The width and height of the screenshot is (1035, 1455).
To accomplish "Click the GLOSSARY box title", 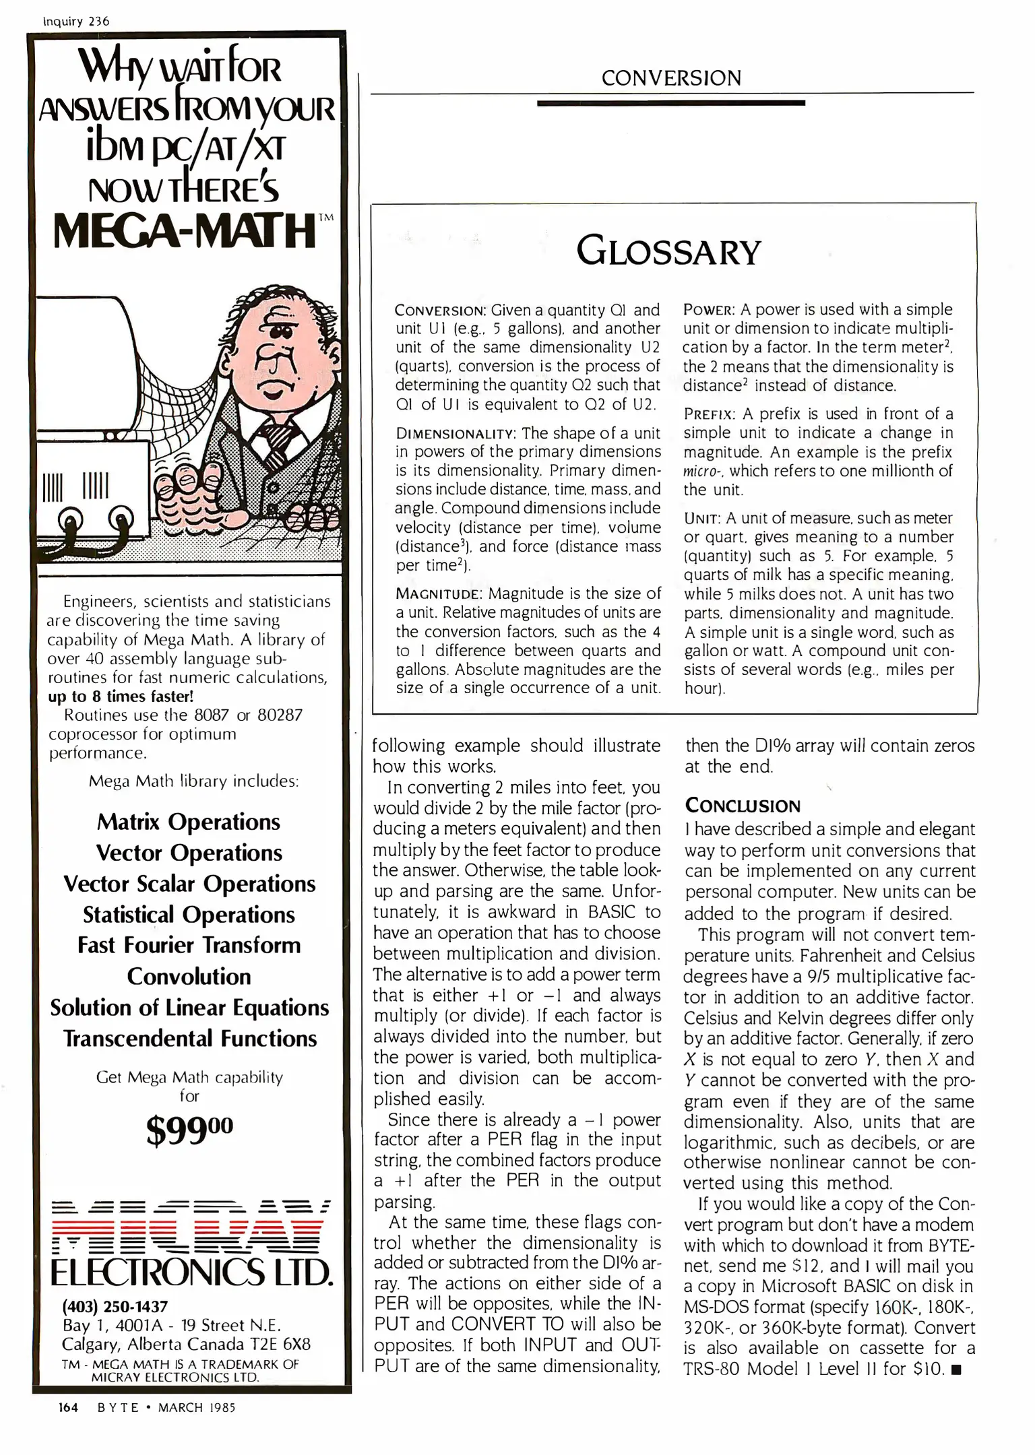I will (668, 252).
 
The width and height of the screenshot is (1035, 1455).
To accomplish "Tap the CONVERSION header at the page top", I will (671, 79).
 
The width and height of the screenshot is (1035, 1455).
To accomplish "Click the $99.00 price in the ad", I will (189, 1130).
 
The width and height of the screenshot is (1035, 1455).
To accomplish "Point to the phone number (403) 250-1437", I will (115, 1307).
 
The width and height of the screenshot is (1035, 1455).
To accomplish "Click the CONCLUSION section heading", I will (743, 806).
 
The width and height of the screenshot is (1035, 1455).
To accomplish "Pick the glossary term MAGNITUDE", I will (439, 594).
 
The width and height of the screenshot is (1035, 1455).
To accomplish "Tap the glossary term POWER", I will (708, 310).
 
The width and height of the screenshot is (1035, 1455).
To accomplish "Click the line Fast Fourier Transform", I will (189, 945).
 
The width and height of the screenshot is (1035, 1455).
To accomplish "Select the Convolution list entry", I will (189, 976).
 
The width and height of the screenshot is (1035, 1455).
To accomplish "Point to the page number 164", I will (68, 1408).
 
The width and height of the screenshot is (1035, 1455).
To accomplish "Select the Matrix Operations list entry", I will (189, 822).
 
